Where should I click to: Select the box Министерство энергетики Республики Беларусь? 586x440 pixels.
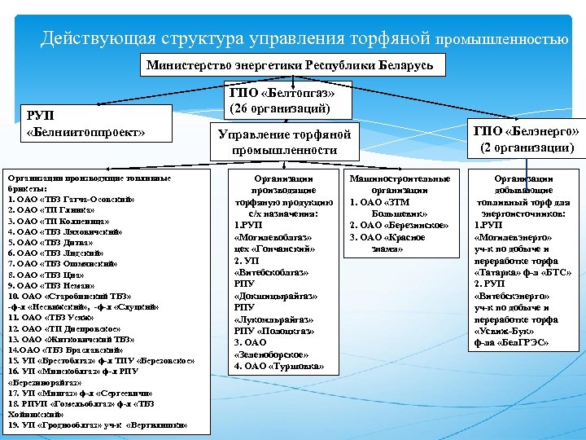pos(290,64)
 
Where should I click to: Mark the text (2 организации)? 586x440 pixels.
pos(526,147)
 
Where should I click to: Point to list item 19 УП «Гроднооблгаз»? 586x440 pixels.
pos(98,425)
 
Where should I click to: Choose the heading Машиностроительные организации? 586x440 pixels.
pos(399,183)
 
